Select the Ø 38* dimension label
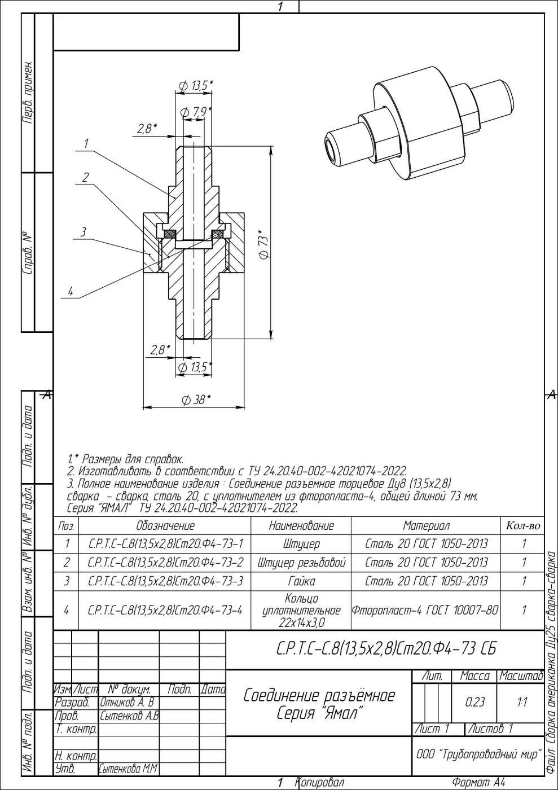click(x=196, y=400)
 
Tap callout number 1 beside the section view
click(x=86, y=143)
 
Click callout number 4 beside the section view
click(x=71, y=291)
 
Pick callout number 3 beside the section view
click(x=84, y=232)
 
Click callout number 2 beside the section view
click(x=85, y=177)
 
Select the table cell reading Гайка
click(x=301, y=581)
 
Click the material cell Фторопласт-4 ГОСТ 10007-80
click(x=425, y=610)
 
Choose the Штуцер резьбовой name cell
click(x=301, y=562)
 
